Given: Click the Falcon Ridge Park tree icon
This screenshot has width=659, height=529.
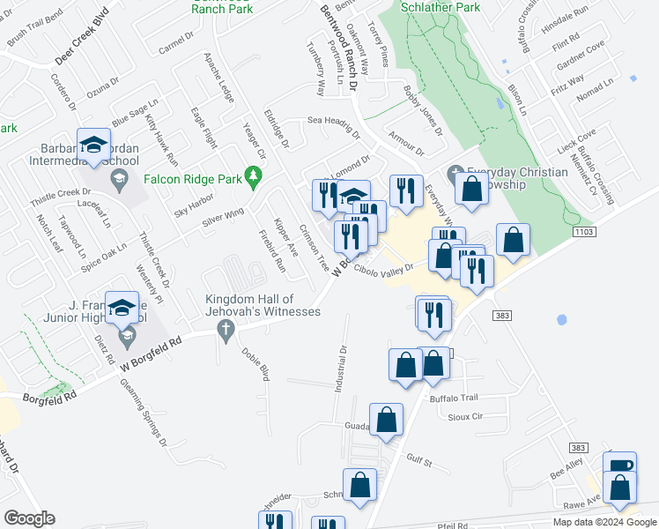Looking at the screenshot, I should [254, 179].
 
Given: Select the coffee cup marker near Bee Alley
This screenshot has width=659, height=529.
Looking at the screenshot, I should [619, 465].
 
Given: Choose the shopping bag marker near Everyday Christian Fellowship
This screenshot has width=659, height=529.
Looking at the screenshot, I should [472, 189].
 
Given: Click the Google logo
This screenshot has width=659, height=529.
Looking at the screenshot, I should [29, 518].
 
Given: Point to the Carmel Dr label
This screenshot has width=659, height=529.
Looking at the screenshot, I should [175, 43].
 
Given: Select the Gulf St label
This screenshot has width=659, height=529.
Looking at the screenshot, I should [419, 460].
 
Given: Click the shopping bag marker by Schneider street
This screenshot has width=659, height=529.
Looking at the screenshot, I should [359, 485].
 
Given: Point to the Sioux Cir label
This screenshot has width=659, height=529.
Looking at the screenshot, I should [466, 416].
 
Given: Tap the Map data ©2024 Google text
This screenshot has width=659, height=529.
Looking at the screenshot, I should [604, 522].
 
